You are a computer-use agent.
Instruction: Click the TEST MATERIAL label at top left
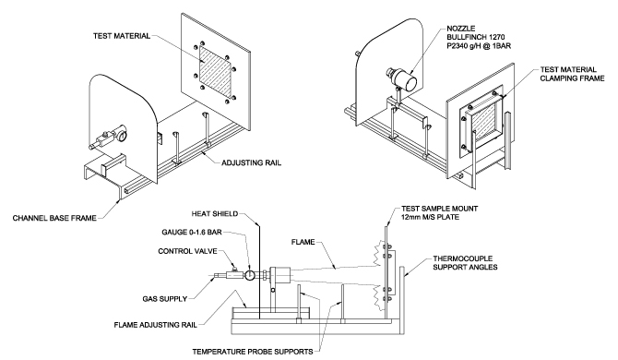click(122, 36)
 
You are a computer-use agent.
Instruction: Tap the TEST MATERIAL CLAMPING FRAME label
click(572, 74)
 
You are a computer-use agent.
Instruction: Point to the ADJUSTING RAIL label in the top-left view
click(252, 162)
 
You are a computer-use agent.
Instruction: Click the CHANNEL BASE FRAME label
click(54, 218)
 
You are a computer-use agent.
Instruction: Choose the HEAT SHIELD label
click(215, 214)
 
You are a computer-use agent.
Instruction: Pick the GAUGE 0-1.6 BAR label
click(192, 233)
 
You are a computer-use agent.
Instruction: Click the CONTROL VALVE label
click(187, 251)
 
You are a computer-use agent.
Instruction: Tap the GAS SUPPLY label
click(165, 299)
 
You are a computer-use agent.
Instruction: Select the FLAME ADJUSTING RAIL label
click(155, 325)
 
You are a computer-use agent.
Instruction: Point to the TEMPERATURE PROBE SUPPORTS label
click(253, 352)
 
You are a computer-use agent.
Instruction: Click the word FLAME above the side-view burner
click(303, 242)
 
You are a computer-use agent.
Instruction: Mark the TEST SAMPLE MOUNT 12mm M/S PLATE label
click(439, 212)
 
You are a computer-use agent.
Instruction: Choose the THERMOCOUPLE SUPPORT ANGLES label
click(465, 262)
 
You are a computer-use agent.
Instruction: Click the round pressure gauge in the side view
click(250, 275)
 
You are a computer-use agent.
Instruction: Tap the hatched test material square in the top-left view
click(215, 71)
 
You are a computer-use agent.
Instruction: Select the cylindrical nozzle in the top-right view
click(403, 78)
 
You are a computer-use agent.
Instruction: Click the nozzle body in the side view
click(279, 275)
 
